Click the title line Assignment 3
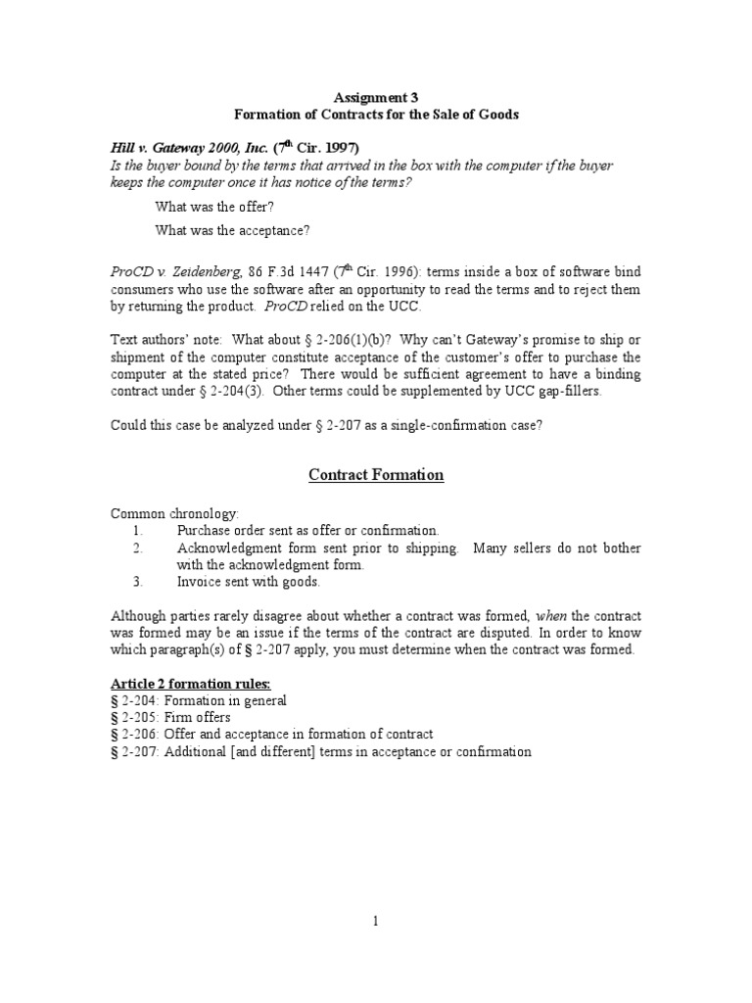coord(376,97)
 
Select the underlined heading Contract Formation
coord(376,475)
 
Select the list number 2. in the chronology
coord(138,549)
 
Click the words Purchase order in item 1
coord(220,531)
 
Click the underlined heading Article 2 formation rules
coord(190,684)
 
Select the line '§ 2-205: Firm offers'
coord(170,717)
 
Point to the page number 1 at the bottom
coord(376,921)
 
